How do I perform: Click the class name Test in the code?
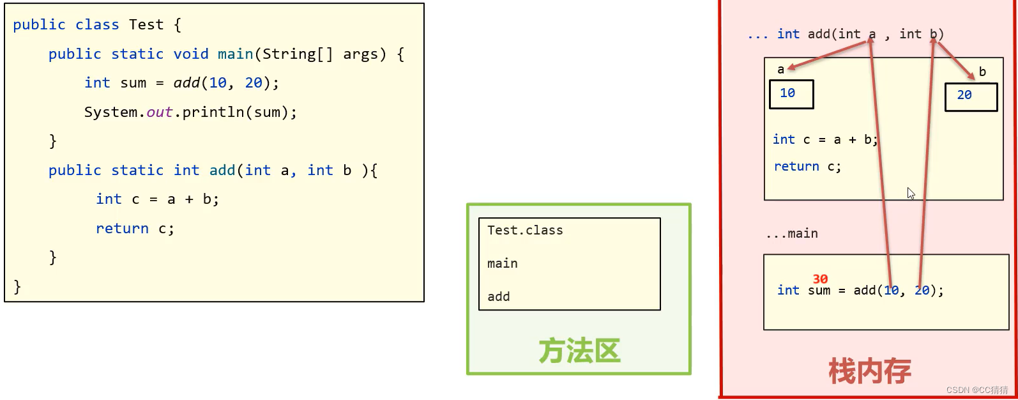click(146, 25)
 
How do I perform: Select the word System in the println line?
click(110, 112)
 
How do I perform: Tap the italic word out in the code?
click(160, 112)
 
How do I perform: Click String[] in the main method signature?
click(297, 54)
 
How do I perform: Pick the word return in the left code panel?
click(122, 229)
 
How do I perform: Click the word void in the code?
click(191, 54)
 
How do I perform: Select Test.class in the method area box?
click(525, 230)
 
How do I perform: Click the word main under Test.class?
click(503, 263)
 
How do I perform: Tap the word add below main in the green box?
click(499, 296)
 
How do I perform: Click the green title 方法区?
click(579, 351)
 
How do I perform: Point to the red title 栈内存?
click(869, 371)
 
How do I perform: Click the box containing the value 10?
click(791, 94)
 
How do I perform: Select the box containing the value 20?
click(971, 96)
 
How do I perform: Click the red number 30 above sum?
click(820, 279)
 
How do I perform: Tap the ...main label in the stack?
click(792, 234)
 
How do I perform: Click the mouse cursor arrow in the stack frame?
click(911, 193)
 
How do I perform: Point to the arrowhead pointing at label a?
click(791, 67)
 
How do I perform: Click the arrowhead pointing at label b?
click(971, 77)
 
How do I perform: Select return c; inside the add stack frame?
click(807, 167)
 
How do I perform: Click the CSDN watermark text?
click(977, 390)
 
